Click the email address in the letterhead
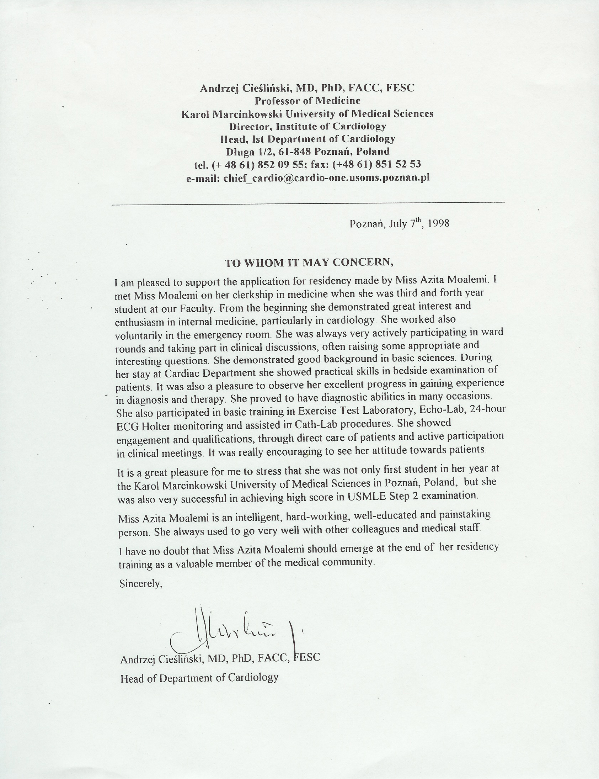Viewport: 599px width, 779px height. (x=326, y=177)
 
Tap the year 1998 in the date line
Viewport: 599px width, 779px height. (x=438, y=223)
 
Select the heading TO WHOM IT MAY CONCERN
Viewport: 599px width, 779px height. (x=309, y=263)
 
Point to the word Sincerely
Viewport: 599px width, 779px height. (x=141, y=584)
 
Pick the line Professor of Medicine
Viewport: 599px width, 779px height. (x=308, y=101)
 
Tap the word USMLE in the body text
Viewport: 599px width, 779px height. (x=367, y=496)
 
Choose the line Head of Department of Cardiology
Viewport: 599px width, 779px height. (x=199, y=678)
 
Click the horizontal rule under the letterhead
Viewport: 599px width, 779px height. (x=308, y=204)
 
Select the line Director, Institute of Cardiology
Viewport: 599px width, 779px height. (x=307, y=126)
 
